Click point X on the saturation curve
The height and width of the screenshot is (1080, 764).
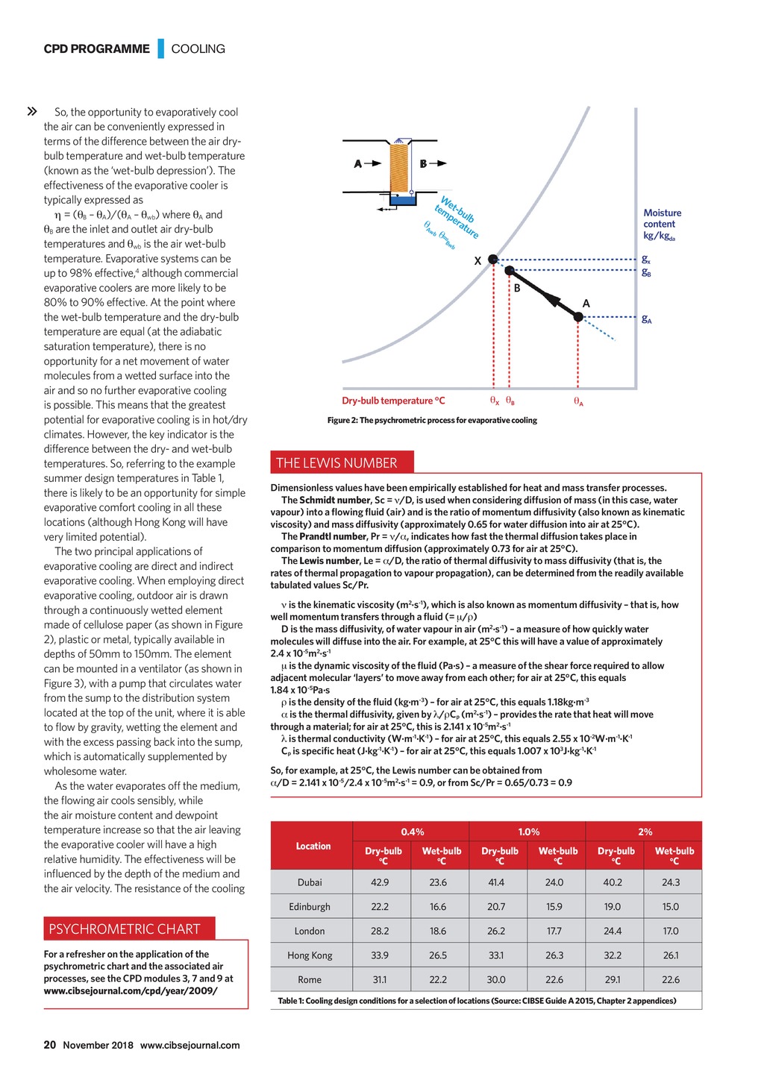point(492,260)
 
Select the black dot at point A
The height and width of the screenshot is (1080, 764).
point(578,317)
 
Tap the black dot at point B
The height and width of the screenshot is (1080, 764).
point(510,271)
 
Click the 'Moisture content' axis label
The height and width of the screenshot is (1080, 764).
point(662,224)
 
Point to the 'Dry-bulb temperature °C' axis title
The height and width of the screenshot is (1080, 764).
point(393,401)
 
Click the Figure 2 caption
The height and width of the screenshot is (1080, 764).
point(432,421)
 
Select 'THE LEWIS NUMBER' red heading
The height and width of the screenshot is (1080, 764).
point(336,463)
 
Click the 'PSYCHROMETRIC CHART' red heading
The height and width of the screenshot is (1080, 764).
point(125,929)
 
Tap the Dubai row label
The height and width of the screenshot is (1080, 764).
point(310,882)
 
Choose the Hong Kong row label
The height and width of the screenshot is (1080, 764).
point(310,955)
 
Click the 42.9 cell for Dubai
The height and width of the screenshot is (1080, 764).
point(380,882)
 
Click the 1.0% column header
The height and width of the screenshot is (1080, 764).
point(528,832)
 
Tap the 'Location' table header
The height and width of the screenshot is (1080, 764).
point(313,846)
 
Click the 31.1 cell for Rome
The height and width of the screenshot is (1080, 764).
point(380,979)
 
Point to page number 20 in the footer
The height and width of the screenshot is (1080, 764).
point(50,1045)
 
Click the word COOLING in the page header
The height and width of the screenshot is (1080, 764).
point(198,49)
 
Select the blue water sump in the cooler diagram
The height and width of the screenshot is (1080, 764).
point(403,199)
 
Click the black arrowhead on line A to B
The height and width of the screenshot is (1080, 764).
point(550,298)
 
